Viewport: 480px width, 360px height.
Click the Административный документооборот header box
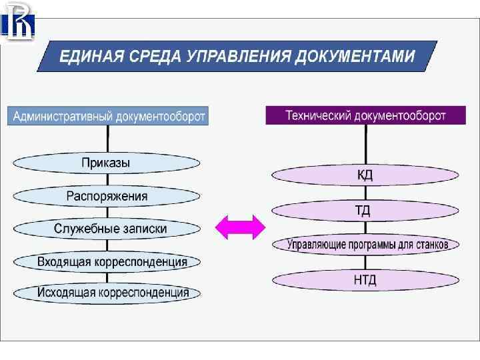pos(108,116)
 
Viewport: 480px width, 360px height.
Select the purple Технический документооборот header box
pos(365,115)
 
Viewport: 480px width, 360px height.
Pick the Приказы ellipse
pos(107,163)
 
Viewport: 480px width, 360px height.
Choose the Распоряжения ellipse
pos(107,196)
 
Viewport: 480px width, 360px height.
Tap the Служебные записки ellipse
pos(107,229)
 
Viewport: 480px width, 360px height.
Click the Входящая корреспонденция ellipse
pos(107,261)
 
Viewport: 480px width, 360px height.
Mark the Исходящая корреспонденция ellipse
pos(107,293)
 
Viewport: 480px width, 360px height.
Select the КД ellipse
pos(365,175)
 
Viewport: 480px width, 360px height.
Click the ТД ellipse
pos(365,211)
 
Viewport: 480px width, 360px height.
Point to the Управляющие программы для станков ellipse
pos(365,245)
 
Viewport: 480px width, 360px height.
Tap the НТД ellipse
pos(365,279)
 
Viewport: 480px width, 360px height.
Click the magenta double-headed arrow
pos(240,228)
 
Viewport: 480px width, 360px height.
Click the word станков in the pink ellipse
pos(428,245)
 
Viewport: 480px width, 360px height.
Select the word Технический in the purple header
pos(318,115)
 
